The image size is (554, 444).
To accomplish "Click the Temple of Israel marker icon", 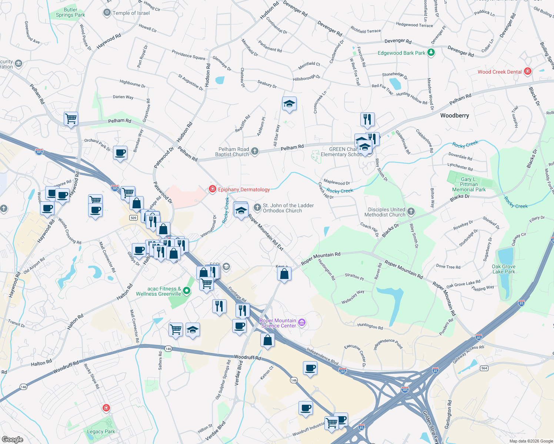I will point(107,13).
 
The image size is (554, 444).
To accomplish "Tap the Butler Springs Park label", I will point(70,13).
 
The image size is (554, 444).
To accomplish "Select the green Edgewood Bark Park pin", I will point(431,53).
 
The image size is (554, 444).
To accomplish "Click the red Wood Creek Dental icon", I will point(528,71).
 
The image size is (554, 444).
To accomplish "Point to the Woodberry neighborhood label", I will point(454,115).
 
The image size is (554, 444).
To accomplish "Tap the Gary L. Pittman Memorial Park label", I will point(469,184).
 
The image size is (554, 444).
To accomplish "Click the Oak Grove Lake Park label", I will point(503,269).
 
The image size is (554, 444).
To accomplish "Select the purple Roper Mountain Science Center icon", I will point(302,323).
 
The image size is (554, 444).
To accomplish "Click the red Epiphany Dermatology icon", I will point(212,189).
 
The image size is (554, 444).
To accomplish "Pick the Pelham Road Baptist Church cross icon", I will point(254,151).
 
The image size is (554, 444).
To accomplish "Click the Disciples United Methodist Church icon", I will point(411,212).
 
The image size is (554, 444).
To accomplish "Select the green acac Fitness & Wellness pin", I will point(187,291).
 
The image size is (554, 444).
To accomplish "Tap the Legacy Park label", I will point(101,431).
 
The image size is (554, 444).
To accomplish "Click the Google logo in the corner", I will point(12,439).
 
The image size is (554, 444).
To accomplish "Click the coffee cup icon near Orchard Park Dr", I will point(120,152).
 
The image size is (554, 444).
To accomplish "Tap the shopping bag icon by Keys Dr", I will point(284,274).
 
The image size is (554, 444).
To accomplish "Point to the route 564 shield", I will point(484,368).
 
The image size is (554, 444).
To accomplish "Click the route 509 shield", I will point(134,218).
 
